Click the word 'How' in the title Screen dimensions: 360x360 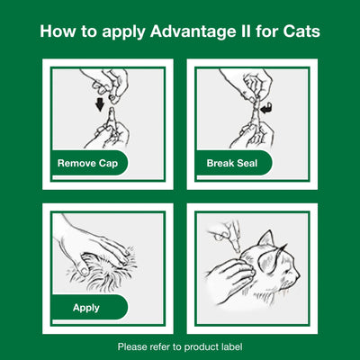(x=58, y=33)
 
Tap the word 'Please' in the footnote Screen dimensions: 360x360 (x=134, y=346)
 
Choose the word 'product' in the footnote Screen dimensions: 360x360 (x=194, y=346)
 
